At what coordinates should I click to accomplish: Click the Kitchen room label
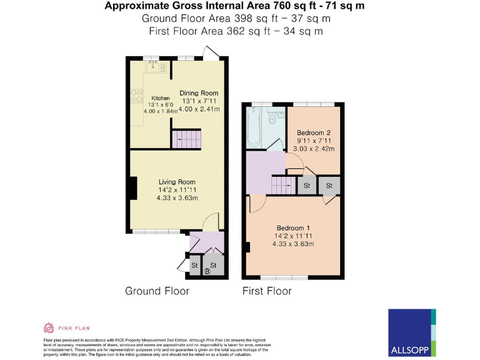pyautogui.click(x=160, y=99)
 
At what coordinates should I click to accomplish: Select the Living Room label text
pyautogui.click(x=177, y=182)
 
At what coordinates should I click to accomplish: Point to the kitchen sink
pyautogui.click(x=152, y=65)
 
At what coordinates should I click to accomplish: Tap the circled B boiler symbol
pyautogui.click(x=209, y=271)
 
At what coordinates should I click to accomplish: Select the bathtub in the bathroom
pyautogui.click(x=254, y=127)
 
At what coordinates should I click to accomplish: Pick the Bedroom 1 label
pyautogui.click(x=292, y=228)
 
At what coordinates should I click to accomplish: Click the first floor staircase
pyautogui.click(x=283, y=186)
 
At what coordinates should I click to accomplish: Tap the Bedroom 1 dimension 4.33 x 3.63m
pyautogui.click(x=292, y=244)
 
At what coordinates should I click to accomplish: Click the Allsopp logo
pyautogui.click(x=411, y=332)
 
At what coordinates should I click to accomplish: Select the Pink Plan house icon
pyautogui.click(x=49, y=327)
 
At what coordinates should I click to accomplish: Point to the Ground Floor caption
pyautogui.click(x=157, y=291)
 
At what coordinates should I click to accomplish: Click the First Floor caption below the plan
pyautogui.click(x=267, y=291)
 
